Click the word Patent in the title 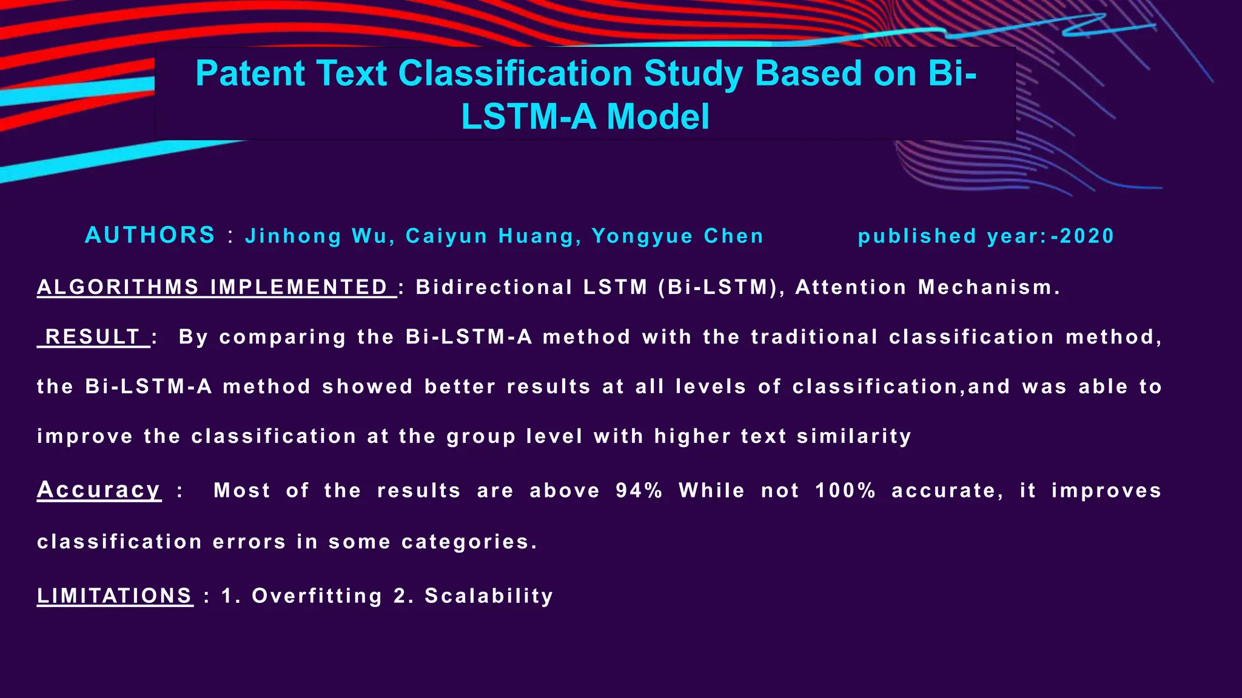click(250, 74)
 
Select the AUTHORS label click(150, 235)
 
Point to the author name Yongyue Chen click(677, 236)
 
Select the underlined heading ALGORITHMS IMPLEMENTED click(217, 287)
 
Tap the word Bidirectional click(494, 287)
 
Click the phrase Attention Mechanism click(927, 287)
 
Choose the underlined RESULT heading click(93, 337)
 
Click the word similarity click(854, 436)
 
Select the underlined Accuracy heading click(99, 490)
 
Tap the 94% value click(639, 490)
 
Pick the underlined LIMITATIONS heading click(115, 596)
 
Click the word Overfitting click(317, 596)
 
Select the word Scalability click(489, 596)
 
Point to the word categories click(469, 542)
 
